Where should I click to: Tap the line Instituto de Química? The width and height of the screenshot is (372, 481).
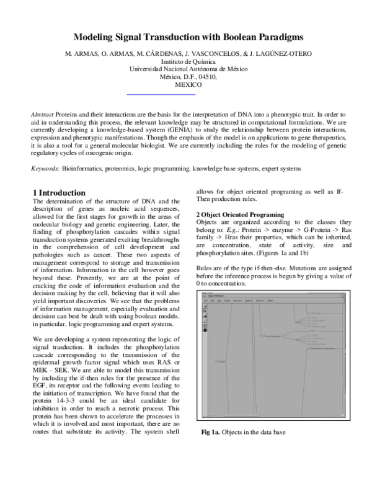point(186,62)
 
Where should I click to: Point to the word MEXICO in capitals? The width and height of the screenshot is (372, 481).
point(186,84)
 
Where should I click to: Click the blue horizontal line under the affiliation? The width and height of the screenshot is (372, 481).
point(161,94)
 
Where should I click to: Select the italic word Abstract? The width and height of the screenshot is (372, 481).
point(42,115)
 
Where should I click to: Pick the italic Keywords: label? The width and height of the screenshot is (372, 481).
point(45,169)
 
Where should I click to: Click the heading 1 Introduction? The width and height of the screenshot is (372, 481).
point(63,193)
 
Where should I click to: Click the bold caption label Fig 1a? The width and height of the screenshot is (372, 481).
point(212,432)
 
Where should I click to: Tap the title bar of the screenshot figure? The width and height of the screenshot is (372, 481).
point(273,296)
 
